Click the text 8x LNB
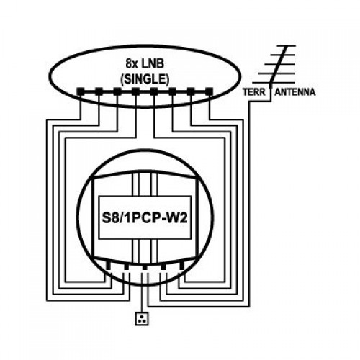[x=145, y=64]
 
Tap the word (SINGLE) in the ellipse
[x=145, y=79]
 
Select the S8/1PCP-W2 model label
[x=145, y=218]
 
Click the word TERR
[x=254, y=92]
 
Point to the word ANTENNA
[x=295, y=92]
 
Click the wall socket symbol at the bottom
[x=142, y=319]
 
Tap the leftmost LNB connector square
[x=81, y=91]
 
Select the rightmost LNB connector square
[x=210, y=91]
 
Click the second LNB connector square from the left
[x=99, y=91]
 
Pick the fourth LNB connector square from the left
[x=135, y=91]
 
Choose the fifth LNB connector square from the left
[x=154, y=91]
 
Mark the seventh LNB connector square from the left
[x=191, y=91]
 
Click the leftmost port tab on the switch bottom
[x=108, y=265]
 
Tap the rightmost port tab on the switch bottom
[x=181, y=265]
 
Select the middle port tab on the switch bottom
[x=145, y=267]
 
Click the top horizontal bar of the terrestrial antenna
[x=286, y=45]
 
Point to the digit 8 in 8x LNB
[x=128, y=64]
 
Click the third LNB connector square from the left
[x=117, y=91]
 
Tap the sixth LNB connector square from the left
[x=173, y=91]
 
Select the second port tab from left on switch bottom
[x=127, y=266]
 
